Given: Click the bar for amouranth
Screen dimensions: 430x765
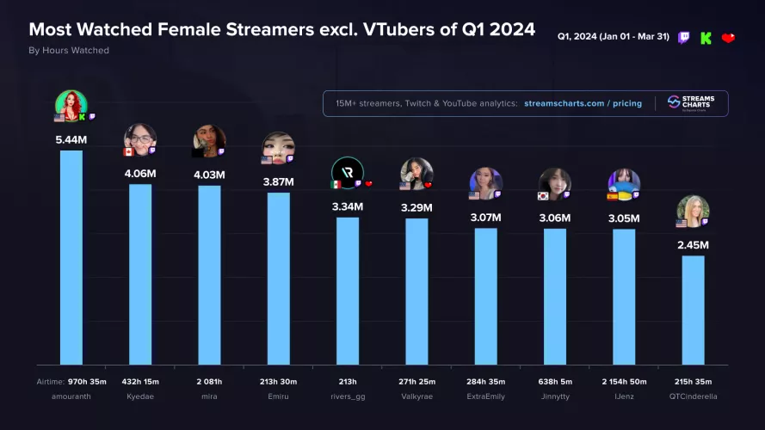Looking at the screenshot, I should (x=71, y=258).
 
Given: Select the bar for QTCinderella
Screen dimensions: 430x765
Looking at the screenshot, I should (x=693, y=310).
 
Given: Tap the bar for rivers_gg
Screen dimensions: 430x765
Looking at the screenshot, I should (x=348, y=292).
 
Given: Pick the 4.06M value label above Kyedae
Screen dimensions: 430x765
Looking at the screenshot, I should (x=140, y=173).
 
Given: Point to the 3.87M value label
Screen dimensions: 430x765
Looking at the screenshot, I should (x=278, y=181).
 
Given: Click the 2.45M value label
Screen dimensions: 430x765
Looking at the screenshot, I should (x=693, y=245).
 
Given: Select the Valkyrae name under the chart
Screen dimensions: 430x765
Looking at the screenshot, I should (x=416, y=396).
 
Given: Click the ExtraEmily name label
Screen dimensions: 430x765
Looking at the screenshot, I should (x=485, y=396).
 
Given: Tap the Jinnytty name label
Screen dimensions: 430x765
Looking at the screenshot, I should (x=555, y=396).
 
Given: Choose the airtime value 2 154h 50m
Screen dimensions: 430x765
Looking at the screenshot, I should (x=624, y=381).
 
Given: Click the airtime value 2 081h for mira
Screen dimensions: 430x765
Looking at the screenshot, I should (x=209, y=381).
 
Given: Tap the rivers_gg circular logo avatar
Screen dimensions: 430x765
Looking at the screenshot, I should (x=348, y=172).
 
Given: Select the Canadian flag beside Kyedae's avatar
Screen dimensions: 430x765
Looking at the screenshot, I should (x=129, y=151).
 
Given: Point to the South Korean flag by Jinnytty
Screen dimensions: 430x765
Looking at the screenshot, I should (x=544, y=196).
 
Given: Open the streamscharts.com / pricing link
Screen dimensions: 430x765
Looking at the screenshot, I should (x=583, y=103).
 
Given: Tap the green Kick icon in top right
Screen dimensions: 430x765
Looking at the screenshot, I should (x=706, y=38).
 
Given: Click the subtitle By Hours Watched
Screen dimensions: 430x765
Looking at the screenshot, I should (x=69, y=51).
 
